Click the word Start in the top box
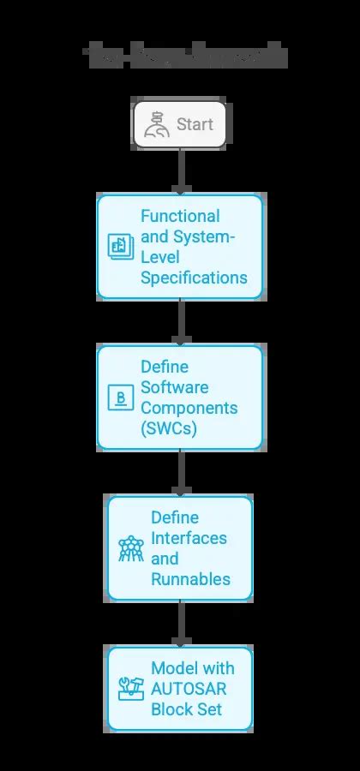(195, 125)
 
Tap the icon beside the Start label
(156, 125)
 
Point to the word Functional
(180, 217)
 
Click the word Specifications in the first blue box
(193, 278)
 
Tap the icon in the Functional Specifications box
(117, 247)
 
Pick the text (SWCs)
(168, 428)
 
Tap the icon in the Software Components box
(117, 397)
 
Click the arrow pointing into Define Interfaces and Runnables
(180, 472)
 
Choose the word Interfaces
(189, 538)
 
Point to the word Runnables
(190, 579)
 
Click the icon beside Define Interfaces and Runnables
(130, 548)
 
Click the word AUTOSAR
(190, 689)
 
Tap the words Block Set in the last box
(187, 708)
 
